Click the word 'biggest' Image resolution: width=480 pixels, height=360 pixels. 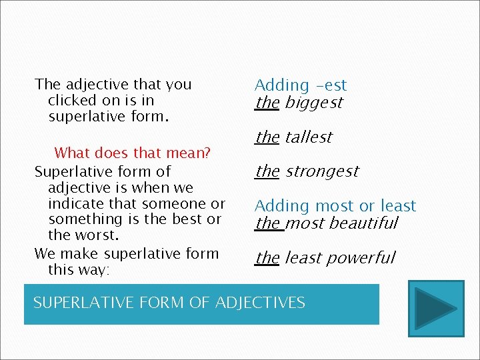(313, 103)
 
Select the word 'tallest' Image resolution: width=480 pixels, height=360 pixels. (309, 137)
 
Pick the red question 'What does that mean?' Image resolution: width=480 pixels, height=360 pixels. (132, 153)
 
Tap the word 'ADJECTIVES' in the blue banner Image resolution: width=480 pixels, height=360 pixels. (261, 303)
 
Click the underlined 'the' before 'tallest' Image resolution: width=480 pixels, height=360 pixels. (267, 137)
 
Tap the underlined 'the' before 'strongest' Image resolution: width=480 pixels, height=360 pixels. (267, 171)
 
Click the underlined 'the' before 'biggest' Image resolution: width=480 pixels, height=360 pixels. (267, 103)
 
